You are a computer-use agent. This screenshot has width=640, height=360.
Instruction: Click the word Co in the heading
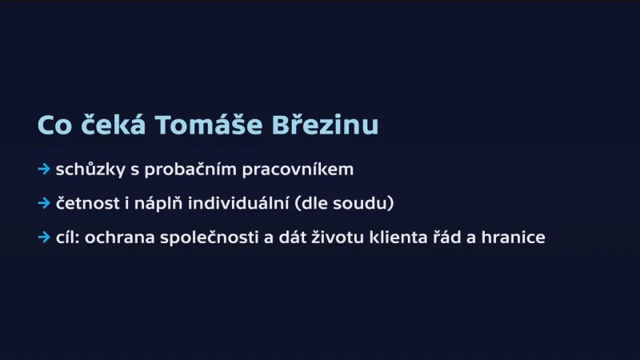coord(54,126)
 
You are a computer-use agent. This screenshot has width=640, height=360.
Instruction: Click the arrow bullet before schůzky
coord(44,170)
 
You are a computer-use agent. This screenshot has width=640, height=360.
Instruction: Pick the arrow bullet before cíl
coord(44,238)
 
